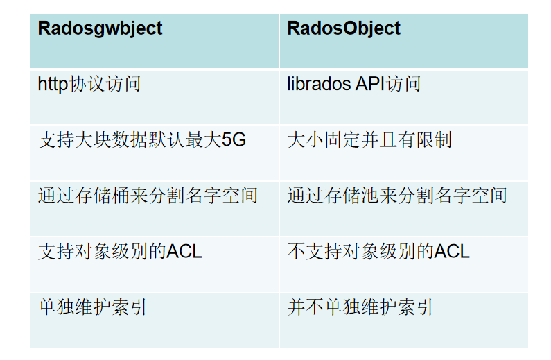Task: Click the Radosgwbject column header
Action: [100, 28]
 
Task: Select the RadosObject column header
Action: [344, 28]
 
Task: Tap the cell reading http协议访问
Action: [89, 85]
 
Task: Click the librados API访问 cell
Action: [353, 85]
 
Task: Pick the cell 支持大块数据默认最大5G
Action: [141, 140]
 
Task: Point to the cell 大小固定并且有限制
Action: [369, 140]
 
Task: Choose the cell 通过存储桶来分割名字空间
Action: [148, 196]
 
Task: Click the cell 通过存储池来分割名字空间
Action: [396, 196]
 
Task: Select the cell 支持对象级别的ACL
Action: [120, 251]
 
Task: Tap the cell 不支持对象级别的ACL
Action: [378, 251]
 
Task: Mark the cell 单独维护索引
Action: [92, 307]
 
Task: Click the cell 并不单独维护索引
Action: [360, 307]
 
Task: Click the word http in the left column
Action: [53, 85]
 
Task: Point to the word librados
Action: [319, 85]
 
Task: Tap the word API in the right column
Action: [371, 85]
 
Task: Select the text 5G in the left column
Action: [234, 140]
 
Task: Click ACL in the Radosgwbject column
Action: [184, 251]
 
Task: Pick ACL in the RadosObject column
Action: [452, 251]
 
